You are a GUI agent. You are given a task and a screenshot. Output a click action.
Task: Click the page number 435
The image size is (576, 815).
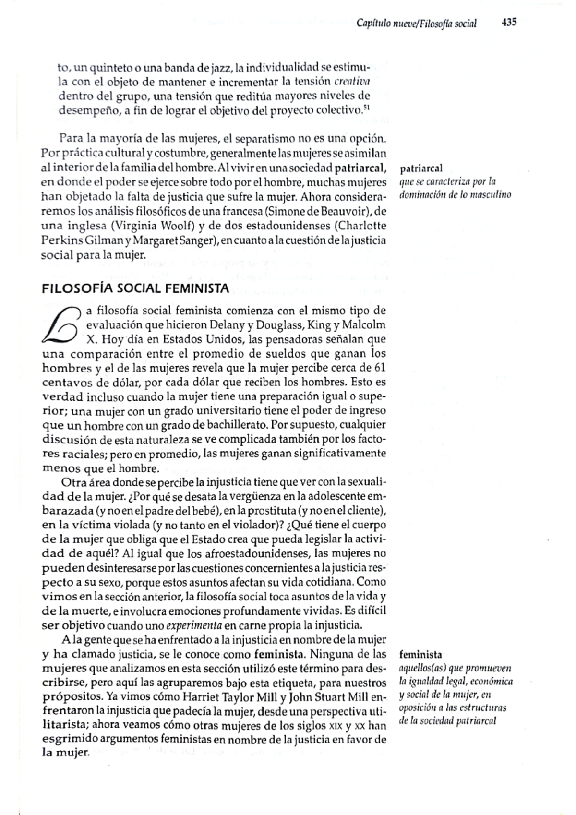pyautogui.click(x=508, y=23)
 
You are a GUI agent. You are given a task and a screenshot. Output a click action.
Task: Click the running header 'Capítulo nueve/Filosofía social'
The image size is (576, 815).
pyautogui.click(x=417, y=24)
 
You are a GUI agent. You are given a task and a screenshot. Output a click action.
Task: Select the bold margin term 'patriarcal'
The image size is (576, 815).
pyautogui.click(x=421, y=168)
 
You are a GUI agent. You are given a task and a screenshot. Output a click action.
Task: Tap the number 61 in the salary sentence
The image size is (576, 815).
pyautogui.click(x=379, y=369)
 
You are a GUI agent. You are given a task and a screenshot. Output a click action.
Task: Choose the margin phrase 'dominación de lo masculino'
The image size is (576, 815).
pyautogui.click(x=455, y=195)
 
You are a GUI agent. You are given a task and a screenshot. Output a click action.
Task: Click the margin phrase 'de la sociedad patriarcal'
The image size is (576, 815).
pyautogui.click(x=447, y=720)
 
